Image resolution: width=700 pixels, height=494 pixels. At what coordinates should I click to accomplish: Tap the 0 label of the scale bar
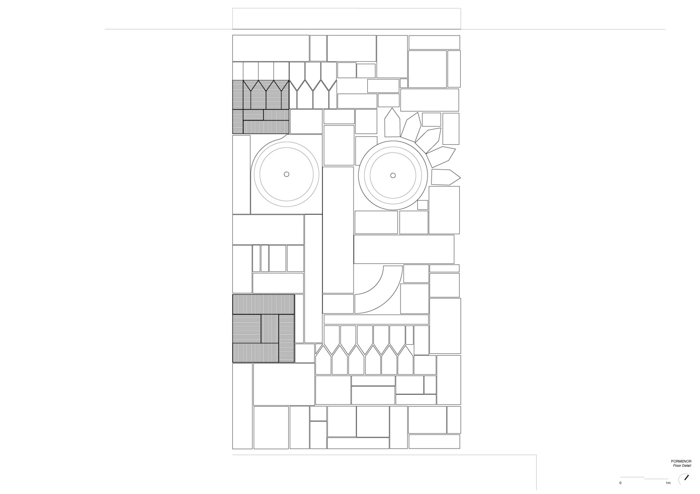[620, 483]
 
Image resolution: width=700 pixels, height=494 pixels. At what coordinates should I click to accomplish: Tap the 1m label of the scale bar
[668, 483]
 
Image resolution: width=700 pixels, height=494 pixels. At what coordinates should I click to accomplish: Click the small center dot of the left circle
[287, 174]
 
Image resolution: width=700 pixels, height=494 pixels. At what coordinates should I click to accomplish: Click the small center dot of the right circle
[393, 175]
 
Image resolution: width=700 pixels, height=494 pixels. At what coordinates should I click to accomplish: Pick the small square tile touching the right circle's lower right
[423, 205]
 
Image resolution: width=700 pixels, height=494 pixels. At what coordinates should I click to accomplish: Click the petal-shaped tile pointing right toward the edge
[445, 177]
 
